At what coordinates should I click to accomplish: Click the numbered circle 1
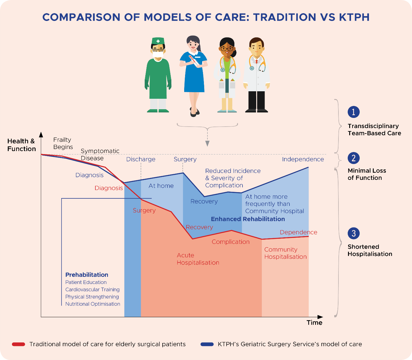tap(353, 112)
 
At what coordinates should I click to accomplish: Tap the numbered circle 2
tap(353, 158)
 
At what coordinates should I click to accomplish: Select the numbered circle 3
tap(353, 233)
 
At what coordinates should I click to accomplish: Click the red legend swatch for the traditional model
tap(19, 344)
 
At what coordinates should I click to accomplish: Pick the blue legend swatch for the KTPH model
tap(207, 344)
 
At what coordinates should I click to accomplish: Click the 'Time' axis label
tap(314, 323)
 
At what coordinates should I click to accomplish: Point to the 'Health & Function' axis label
tap(22, 145)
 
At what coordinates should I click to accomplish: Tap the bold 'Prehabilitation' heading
tap(87, 275)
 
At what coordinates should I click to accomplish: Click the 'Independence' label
tap(303, 159)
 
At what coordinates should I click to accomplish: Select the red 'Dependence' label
tap(298, 232)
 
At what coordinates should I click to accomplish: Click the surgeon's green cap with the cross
tap(158, 41)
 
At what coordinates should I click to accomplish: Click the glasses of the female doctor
tap(227, 49)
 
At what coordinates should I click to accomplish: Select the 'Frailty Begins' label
tap(63, 143)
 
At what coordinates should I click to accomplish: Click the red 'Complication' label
tap(231, 242)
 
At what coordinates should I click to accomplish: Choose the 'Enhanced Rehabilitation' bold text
tap(248, 219)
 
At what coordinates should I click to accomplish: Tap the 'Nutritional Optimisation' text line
tap(93, 304)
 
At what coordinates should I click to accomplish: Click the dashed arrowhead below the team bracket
tap(207, 144)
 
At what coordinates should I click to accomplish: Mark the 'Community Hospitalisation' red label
tap(285, 253)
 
